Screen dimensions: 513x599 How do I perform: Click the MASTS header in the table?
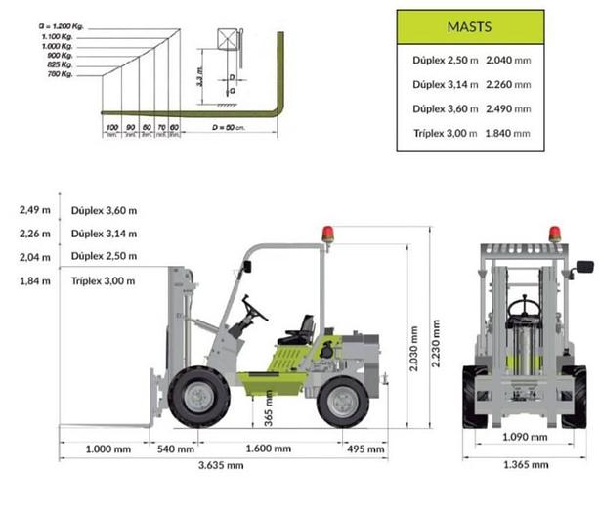point(470,26)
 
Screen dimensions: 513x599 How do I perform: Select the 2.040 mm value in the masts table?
point(508,59)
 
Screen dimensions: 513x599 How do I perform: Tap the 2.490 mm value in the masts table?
point(508,107)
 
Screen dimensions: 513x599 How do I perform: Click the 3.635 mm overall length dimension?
point(221,466)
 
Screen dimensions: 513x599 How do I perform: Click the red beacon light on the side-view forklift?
point(329,235)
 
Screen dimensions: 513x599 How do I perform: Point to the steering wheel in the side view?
point(255,310)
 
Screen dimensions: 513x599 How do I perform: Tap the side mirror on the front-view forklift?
point(585,266)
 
